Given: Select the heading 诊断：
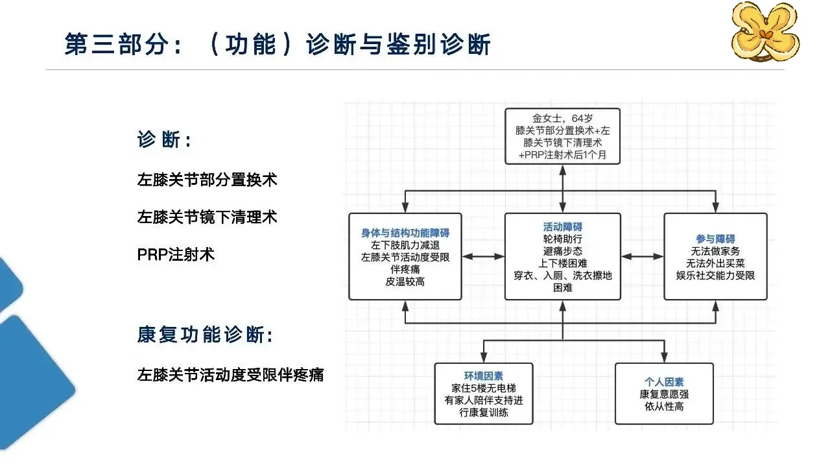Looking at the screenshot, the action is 165,139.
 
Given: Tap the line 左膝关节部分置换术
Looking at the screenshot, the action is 207,180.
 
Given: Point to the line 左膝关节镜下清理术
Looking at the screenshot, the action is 207,217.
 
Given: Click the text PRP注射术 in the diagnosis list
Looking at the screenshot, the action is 176,255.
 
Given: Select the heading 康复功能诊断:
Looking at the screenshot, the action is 206,335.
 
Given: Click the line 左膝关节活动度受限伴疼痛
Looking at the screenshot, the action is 230,375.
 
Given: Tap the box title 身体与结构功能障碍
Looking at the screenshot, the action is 405,233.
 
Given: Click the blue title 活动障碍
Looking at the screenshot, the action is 562,226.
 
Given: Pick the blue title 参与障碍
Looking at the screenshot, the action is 715,239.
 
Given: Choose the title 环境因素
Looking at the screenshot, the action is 484,376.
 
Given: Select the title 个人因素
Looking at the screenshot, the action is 664,382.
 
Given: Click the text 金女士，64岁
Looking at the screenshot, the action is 562,118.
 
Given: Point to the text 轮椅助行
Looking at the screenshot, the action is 562,239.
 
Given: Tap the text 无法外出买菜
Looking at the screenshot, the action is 715,263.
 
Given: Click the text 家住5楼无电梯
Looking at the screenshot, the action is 484,388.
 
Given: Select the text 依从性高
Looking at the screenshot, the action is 664,406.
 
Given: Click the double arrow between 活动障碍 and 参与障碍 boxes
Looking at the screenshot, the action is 642,256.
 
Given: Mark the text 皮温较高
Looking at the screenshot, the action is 405,281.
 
